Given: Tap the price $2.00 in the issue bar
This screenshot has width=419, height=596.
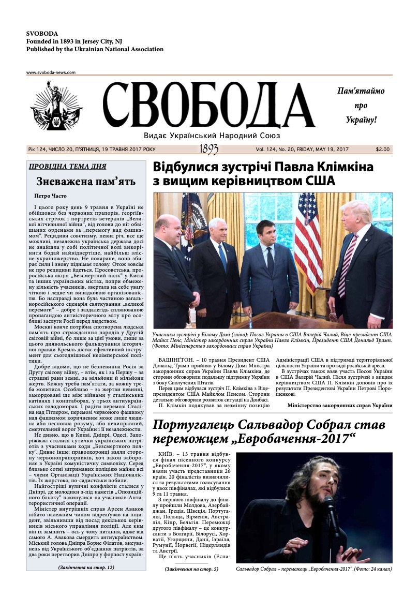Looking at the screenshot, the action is (x=383, y=150).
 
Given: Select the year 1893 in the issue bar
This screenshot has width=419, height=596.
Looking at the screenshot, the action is (x=208, y=150).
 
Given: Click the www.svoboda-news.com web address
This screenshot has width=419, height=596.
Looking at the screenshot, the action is (x=51, y=73).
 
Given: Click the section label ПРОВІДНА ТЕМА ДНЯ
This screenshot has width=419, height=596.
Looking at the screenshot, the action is (x=67, y=167).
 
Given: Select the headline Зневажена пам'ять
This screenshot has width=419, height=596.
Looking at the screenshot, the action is (x=86, y=182).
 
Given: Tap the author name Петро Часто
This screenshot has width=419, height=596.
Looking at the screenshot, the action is (x=50, y=196).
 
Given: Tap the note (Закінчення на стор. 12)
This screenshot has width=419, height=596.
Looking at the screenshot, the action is (x=86, y=567).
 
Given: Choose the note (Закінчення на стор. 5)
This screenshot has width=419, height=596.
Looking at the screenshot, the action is (x=191, y=569).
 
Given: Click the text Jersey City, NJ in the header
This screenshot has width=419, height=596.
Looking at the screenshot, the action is (x=97, y=41).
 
